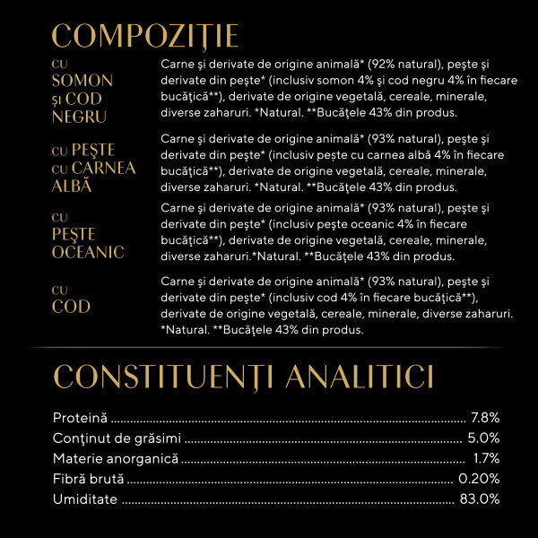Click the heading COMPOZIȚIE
[x=145, y=36]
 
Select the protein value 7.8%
[x=484, y=418]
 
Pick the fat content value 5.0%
[x=483, y=438]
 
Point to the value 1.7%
[x=486, y=458]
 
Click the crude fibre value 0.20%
[x=479, y=479]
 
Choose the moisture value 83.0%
[x=480, y=499]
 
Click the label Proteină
[x=80, y=418]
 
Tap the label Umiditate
[x=85, y=499]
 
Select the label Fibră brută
[x=88, y=479]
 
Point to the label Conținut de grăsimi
[x=117, y=438]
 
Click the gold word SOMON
[x=82, y=81]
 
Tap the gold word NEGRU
[x=79, y=117]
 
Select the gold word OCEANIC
[x=87, y=252]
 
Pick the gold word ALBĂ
[x=72, y=186]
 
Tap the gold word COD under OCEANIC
[x=71, y=307]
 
